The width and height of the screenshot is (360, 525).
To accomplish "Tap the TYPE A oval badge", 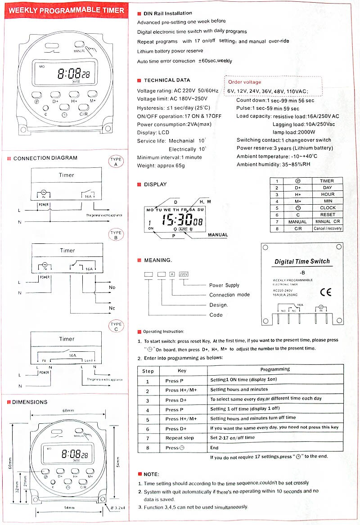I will (116, 162).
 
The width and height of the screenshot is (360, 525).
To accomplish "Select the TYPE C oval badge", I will (116, 327).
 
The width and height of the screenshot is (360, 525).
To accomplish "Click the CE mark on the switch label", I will (325, 292).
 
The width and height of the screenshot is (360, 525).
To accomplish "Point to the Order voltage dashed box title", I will (244, 82).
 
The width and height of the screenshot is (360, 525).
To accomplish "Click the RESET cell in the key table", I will (327, 215).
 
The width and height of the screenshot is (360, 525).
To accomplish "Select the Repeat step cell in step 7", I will (180, 438).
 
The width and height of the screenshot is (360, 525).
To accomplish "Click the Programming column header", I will (275, 369).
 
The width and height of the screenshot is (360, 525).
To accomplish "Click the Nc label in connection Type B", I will (112, 308).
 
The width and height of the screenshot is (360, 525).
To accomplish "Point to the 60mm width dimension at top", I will (68, 411).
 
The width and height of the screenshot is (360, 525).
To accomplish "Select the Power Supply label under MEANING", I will (224, 285).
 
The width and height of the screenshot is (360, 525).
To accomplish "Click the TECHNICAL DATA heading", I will (166, 80).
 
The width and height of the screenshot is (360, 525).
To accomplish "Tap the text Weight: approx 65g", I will (161, 166).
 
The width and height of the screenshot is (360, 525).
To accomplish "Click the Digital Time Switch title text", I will (302, 261).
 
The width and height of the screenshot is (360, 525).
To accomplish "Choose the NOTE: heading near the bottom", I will (151, 474).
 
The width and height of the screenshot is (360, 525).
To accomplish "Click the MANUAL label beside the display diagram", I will (217, 235).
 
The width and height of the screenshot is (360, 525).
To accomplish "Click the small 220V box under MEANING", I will (183, 274).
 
